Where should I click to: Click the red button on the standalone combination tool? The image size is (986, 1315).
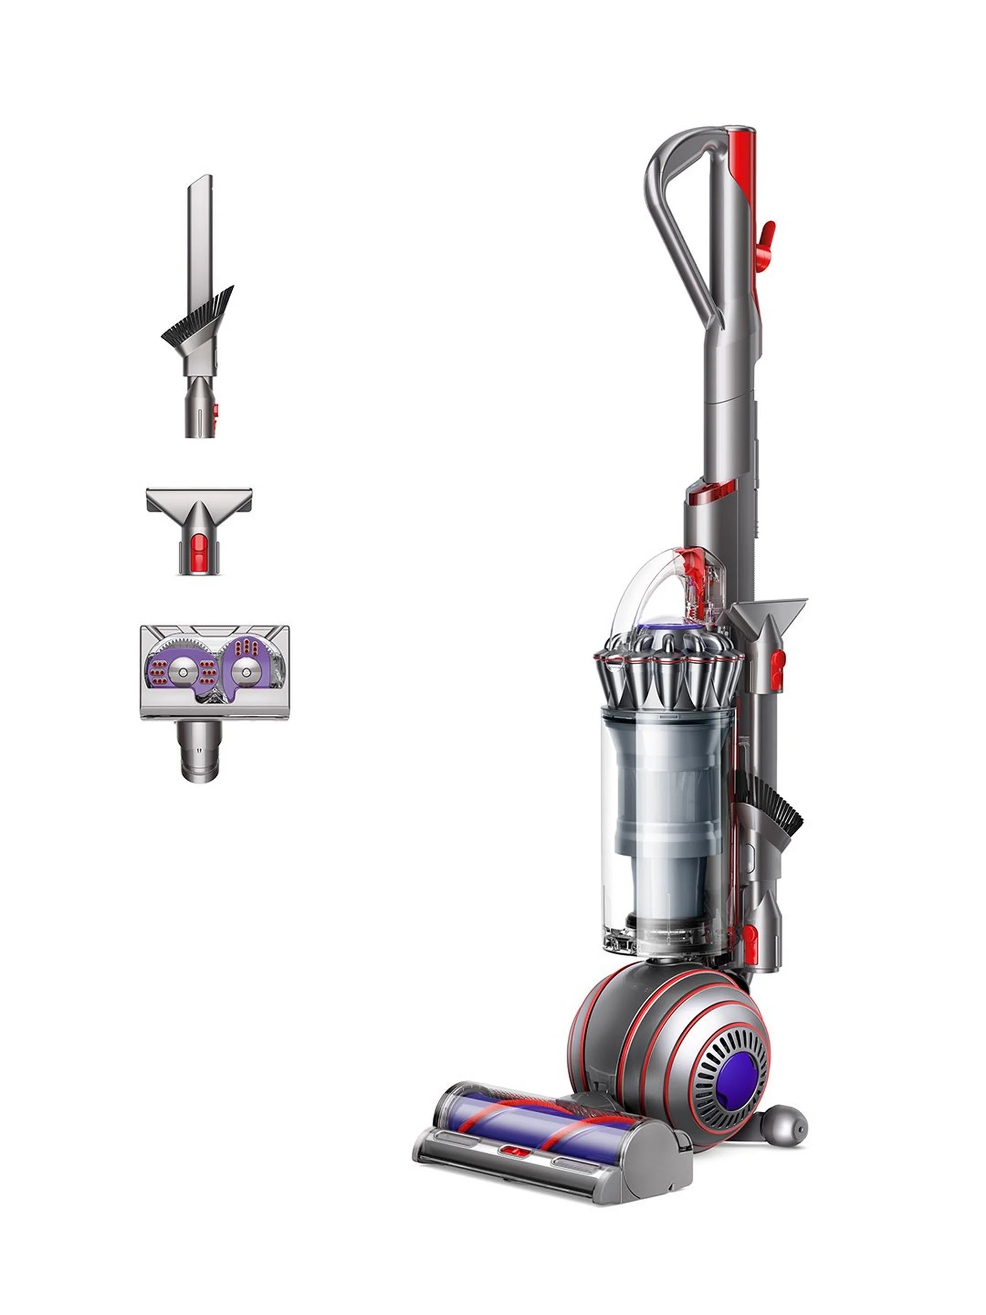point(214,410)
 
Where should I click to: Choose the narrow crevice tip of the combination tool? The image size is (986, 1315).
point(199,226)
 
